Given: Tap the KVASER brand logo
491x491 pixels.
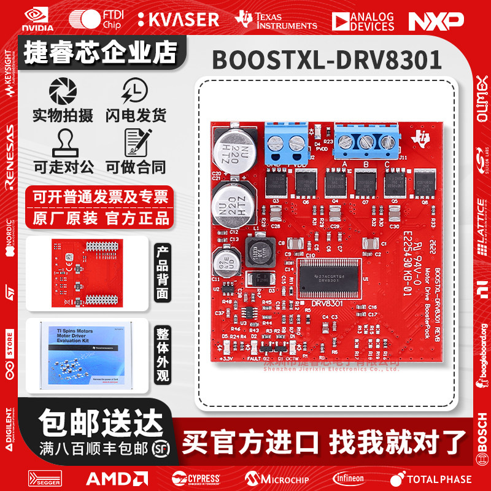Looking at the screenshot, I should click(178, 20).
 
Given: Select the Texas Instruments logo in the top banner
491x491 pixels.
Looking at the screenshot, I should click(276, 20).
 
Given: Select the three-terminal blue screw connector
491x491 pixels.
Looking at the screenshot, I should click(367, 143).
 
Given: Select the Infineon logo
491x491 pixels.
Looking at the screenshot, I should click(348, 478).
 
